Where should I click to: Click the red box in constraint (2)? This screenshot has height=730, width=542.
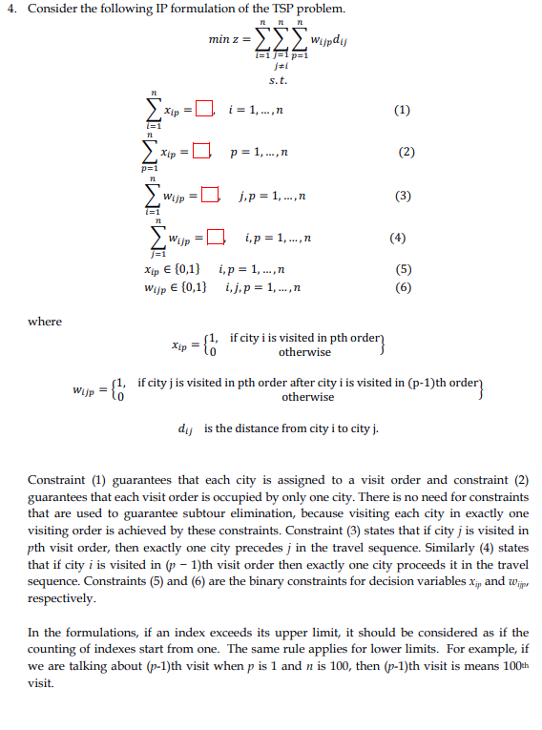(x=200, y=151)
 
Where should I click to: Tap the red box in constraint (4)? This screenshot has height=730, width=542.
(x=217, y=237)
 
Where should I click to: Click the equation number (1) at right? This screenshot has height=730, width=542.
(x=402, y=110)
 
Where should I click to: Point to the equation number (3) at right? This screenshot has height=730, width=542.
(x=403, y=197)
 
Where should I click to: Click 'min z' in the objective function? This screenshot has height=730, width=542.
(x=226, y=40)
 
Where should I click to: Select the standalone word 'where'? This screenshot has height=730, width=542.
(x=45, y=322)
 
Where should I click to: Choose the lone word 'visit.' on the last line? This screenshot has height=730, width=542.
(x=41, y=683)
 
